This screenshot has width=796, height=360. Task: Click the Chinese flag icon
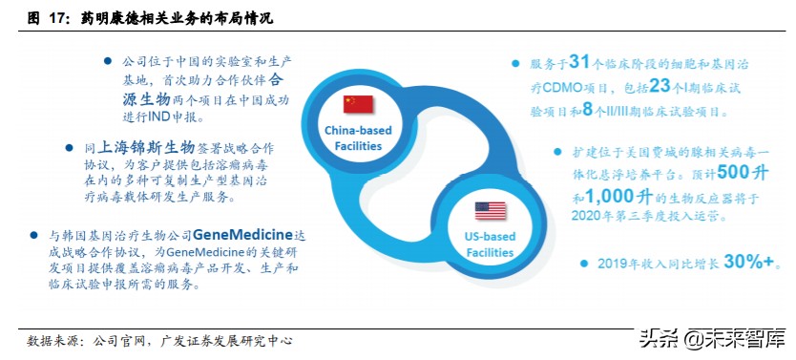point(361,102)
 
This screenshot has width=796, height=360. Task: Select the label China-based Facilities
point(353,138)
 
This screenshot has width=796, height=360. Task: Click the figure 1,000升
point(620,197)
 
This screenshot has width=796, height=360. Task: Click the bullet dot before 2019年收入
point(583,264)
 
